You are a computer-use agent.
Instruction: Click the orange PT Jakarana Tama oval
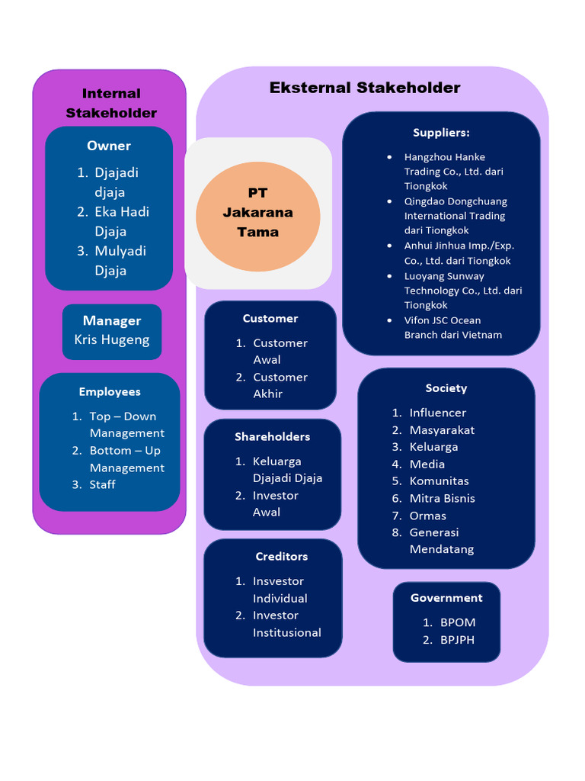pyautogui.click(x=257, y=216)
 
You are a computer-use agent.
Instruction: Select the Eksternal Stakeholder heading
pyautogui.click(x=365, y=88)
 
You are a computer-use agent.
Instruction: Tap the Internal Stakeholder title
pyautogui.click(x=111, y=103)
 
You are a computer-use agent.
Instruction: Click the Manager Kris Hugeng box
pyautogui.click(x=112, y=331)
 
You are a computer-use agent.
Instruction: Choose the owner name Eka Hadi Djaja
pyautogui.click(x=121, y=221)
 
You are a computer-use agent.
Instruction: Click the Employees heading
pyautogui.click(x=110, y=391)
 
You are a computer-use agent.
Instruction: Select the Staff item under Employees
pyautogui.click(x=103, y=484)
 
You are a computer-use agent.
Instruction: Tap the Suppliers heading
pyautogui.click(x=441, y=132)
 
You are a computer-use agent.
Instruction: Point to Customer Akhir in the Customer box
pyautogui.click(x=280, y=385)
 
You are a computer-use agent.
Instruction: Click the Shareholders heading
pyautogui.click(x=272, y=436)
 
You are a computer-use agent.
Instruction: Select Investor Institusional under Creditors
pyautogui.click(x=286, y=624)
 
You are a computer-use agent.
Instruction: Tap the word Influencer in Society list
pyautogui.click(x=437, y=413)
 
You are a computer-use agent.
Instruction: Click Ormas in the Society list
pyautogui.click(x=427, y=516)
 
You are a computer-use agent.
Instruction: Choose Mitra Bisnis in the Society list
pyautogui.click(x=442, y=498)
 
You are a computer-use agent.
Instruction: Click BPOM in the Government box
pyautogui.click(x=457, y=622)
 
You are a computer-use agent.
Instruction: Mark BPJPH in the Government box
pyautogui.click(x=457, y=640)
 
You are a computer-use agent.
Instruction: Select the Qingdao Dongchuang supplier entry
pyautogui.click(x=455, y=216)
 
